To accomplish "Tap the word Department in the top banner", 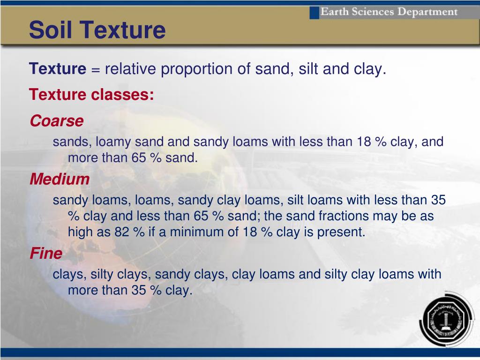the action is click(427, 12).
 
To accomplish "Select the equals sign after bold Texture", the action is click(96, 69).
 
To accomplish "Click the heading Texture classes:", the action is click(91, 94).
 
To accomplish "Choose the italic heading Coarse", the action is click(57, 120).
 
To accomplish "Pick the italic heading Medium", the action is click(60, 179).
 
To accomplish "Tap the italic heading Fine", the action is click(46, 254).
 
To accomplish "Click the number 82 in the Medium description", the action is click(121, 232).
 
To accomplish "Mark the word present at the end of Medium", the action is click(341, 232).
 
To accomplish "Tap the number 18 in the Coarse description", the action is click(364, 142).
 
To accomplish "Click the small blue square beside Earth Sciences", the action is click(315, 13).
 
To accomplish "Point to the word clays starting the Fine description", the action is click(68, 275).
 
